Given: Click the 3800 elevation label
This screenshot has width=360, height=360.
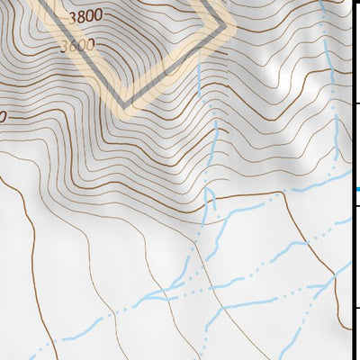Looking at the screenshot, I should point(85,15).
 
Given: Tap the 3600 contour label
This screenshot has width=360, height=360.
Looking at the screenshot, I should point(79,44).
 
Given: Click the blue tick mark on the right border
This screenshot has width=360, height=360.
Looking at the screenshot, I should point(356,189).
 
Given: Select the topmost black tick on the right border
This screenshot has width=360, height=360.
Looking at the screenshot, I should point(356,104).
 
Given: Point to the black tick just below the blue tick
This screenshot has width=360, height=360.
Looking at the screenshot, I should point(356,208).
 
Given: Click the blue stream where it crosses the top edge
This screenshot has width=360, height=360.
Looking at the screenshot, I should point(321,3).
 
